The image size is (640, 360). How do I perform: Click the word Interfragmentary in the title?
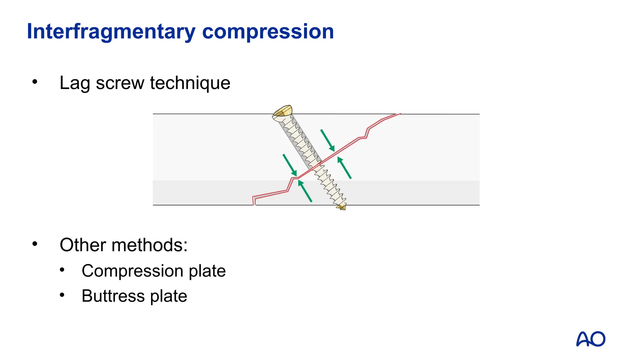pos(111,32)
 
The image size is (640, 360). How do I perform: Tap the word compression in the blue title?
pos(268,32)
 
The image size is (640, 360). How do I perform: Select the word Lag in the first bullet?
pos(75,83)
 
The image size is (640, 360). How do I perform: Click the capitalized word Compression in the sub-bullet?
pos(132,271)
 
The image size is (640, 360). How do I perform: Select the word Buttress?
pos(113,296)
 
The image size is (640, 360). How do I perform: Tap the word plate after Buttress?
pos(168,296)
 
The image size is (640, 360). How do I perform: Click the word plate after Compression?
pos(207,271)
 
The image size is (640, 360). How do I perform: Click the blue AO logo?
pos(591,339)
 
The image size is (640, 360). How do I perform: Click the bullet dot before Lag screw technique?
pos(35,82)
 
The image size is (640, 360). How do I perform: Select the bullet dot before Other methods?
pos(35,244)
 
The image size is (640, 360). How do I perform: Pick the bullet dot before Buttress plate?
pos(62,295)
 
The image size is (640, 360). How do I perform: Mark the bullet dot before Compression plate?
pos(62,269)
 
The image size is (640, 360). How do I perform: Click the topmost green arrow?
pos(327,140)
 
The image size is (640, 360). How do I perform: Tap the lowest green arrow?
pos(305,191)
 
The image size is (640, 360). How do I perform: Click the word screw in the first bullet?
pos(120,83)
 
